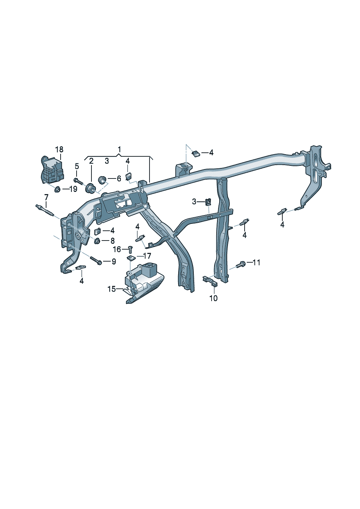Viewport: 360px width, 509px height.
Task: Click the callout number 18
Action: point(59,149)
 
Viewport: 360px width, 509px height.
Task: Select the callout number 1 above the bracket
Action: point(119,149)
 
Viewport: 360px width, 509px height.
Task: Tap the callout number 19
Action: point(73,189)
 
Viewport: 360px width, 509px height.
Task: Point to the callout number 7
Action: point(46,197)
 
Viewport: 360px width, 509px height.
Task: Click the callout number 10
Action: point(213,298)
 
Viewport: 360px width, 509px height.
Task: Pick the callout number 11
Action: point(256,263)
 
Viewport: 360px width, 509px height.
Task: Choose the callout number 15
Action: point(111,289)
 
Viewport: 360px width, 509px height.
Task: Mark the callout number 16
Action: point(117,250)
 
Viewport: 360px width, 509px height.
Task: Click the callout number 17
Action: point(147,256)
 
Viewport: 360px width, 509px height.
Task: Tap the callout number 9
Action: point(114,262)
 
